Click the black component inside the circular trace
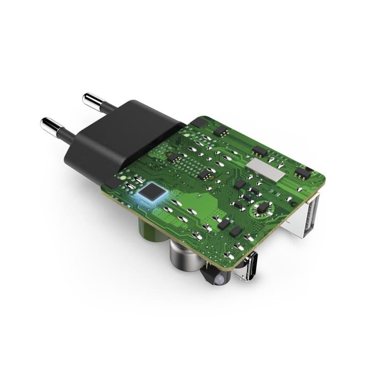point(262,208)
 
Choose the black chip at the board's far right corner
point(302,173)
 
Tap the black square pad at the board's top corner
point(198,122)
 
